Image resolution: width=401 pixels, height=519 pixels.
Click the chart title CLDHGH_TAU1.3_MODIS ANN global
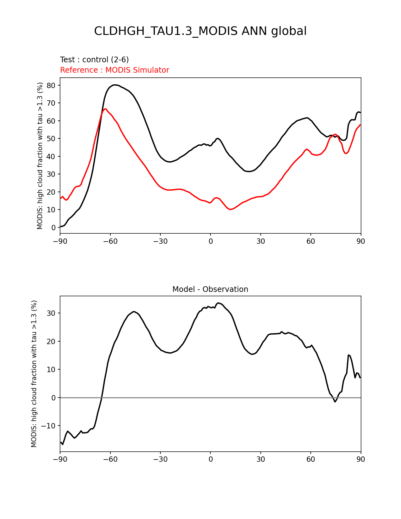tap(200, 31)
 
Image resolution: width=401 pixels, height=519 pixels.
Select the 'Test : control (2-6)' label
tap(94, 60)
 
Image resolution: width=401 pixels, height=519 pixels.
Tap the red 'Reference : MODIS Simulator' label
tap(114, 70)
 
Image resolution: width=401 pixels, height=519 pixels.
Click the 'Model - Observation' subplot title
tap(210, 289)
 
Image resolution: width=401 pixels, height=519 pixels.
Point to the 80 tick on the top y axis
tap(51, 86)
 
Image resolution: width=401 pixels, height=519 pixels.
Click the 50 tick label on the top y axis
tap(51, 139)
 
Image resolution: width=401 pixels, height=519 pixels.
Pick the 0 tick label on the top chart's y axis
tap(53, 228)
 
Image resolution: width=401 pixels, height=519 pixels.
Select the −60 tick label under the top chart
tap(110, 241)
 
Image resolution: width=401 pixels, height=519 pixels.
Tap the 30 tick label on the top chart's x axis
tap(260, 241)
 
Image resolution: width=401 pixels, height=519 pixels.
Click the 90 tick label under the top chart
tap(361, 241)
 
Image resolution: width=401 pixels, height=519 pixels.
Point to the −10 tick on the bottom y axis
tap(49, 426)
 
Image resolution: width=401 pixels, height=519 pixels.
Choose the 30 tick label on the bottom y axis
tap(51, 313)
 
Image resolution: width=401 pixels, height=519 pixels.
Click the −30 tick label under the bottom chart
tap(160, 459)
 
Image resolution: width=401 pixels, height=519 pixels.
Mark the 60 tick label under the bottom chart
tap(310, 459)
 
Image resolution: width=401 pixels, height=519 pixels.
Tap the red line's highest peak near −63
tap(105, 109)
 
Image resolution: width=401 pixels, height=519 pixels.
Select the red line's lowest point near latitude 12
tap(231, 209)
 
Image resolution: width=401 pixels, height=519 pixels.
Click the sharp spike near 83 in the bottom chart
tap(348, 355)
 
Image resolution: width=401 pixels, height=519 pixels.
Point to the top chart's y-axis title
tap(40, 156)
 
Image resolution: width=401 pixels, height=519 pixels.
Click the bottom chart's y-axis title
tap(34, 374)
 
